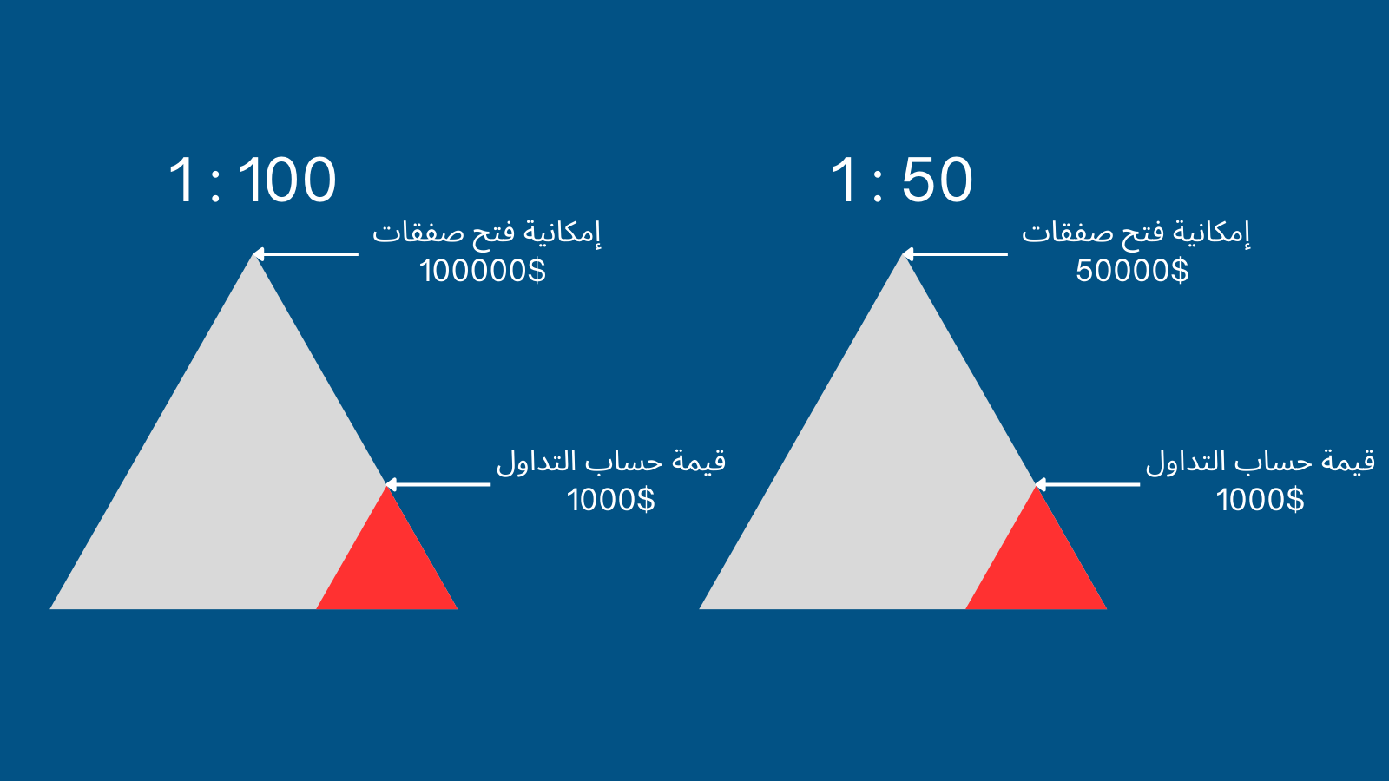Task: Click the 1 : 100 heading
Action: point(253,180)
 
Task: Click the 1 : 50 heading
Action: point(902,180)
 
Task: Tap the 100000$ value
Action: point(483,271)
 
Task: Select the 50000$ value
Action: point(1132,271)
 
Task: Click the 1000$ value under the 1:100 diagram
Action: point(611,500)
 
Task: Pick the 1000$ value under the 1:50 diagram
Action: point(1260,500)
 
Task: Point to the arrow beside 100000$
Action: point(306,254)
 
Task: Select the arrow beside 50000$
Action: point(955,254)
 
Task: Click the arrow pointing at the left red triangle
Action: point(438,485)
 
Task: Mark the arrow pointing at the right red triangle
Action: point(1087,485)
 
